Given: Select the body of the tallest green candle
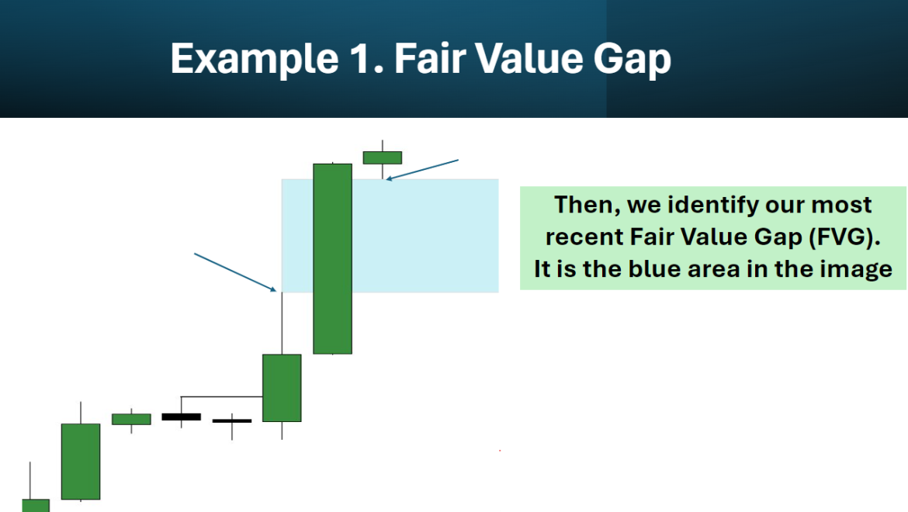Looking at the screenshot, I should pyautogui.click(x=332, y=258).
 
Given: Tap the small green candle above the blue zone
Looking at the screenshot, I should pyautogui.click(x=383, y=157).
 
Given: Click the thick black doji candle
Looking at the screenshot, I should pyautogui.click(x=181, y=417).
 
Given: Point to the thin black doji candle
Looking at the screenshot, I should pyautogui.click(x=232, y=420).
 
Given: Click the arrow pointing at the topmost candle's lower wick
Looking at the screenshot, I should pyautogui.click(x=423, y=170).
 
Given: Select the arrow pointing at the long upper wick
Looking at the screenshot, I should pyautogui.click(x=234, y=272).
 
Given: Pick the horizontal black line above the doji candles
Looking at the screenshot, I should pyautogui.click(x=221, y=396).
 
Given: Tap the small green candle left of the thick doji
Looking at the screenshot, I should pyautogui.click(x=131, y=419).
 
